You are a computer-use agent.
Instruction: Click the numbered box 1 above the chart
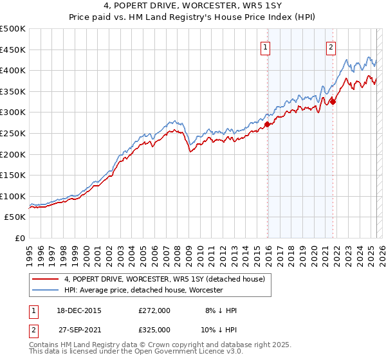[x=266, y=46]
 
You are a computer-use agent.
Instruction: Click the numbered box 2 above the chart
[x=331, y=46]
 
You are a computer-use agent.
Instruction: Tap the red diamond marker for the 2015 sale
[x=268, y=124]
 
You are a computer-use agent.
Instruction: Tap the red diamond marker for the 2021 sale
[x=333, y=102]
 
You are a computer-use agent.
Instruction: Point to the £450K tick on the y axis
[x=13, y=50]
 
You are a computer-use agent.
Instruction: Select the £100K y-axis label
[x=13, y=196]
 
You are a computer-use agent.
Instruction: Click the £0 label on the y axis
[x=20, y=238]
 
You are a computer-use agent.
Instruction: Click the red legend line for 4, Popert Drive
[x=46, y=278]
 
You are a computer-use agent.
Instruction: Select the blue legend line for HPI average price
[x=46, y=290]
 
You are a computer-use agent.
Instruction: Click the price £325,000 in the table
[x=154, y=330]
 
